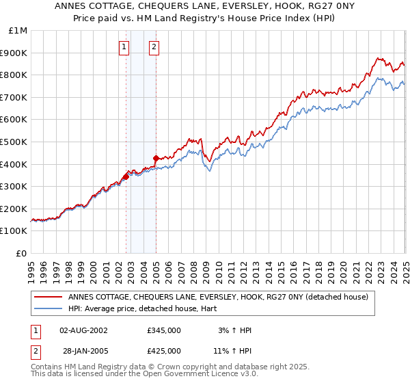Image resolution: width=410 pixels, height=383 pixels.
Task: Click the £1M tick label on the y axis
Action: coord(18,30)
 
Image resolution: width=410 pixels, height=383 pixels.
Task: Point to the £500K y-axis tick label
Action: coord(16,142)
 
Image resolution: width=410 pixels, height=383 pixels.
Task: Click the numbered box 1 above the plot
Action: coord(124,47)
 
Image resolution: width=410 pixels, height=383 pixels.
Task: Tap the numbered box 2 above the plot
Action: coord(154,47)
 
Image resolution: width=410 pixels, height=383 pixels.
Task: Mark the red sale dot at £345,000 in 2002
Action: coord(126,176)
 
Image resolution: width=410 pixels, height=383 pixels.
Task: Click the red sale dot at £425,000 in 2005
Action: coord(156,159)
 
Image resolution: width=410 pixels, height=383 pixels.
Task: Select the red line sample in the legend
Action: coord(48,297)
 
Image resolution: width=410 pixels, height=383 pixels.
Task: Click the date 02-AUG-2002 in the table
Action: coord(84,330)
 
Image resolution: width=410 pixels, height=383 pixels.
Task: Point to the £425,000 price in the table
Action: coord(164,350)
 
